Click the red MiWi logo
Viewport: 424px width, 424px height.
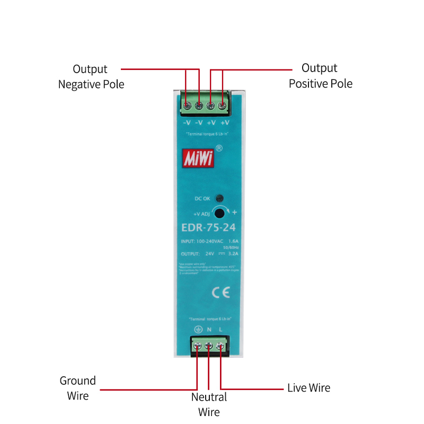pyautogui.click(x=199, y=157)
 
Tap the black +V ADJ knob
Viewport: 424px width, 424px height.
pyautogui.click(x=220, y=213)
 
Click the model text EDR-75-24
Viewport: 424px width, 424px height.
pyautogui.click(x=208, y=228)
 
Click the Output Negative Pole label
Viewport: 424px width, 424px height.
pyautogui.click(x=91, y=76)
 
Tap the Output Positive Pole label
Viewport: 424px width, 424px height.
pyautogui.click(x=320, y=76)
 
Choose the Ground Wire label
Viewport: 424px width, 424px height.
pyautogui.click(x=77, y=388)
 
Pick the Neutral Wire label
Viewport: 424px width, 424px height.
pyautogui.click(x=209, y=404)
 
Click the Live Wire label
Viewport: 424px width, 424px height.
pyautogui.click(x=308, y=388)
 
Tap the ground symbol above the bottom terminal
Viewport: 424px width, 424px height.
pyautogui.click(x=197, y=330)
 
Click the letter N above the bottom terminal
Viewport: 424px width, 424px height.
pyautogui.click(x=209, y=330)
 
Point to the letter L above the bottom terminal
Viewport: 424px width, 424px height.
pyautogui.click(x=220, y=330)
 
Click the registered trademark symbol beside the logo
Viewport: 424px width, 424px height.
pyautogui.click(x=219, y=149)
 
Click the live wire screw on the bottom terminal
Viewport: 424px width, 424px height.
pyautogui.click(x=220, y=347)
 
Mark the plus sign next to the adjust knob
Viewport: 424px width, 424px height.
pyautogui.click(x=234, y=212)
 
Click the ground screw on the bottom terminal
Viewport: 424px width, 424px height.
pyautogui.click(x=197, y=347)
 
